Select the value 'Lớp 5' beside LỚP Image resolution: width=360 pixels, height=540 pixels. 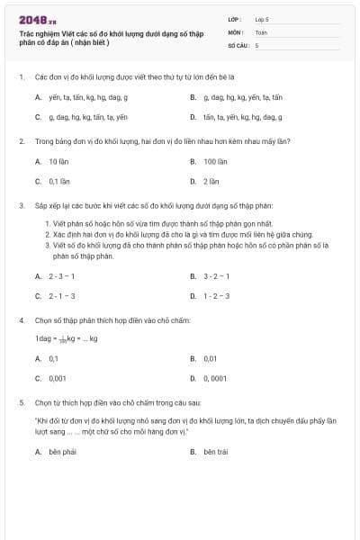(262, 18)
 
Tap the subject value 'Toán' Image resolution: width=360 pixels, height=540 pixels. (261, 31)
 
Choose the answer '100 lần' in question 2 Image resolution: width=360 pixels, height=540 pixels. (215, 161)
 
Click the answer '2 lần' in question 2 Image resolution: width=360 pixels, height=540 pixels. (211, 180)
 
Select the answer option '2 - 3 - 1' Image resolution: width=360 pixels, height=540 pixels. (61, 276)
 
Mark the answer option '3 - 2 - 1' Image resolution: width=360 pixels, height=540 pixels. (216, 276)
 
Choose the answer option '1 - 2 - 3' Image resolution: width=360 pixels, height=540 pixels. (216, 295)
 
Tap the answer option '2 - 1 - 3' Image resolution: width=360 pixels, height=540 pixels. (61, 295)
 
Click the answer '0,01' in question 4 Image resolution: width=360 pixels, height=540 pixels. (211, 358)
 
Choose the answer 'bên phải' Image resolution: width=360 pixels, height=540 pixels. (62, 452)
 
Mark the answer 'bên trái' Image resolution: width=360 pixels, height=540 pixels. (215, 452)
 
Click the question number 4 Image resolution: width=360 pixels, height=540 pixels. (21, 319)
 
